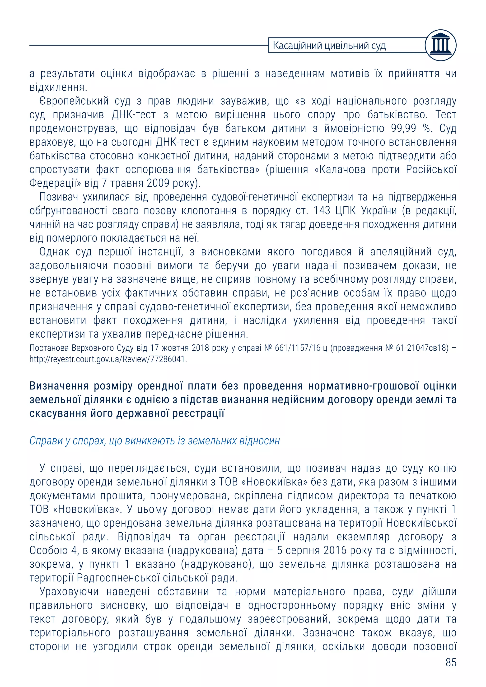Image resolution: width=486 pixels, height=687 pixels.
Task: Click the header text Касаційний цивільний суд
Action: (329, 46)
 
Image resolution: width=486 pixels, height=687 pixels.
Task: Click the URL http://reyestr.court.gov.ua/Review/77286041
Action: (108, 359)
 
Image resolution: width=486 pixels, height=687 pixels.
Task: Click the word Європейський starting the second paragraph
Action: (74, 101)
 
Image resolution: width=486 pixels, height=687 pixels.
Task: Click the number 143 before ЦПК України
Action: (322, 211)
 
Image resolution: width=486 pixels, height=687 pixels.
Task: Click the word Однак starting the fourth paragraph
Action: (54, 252)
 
